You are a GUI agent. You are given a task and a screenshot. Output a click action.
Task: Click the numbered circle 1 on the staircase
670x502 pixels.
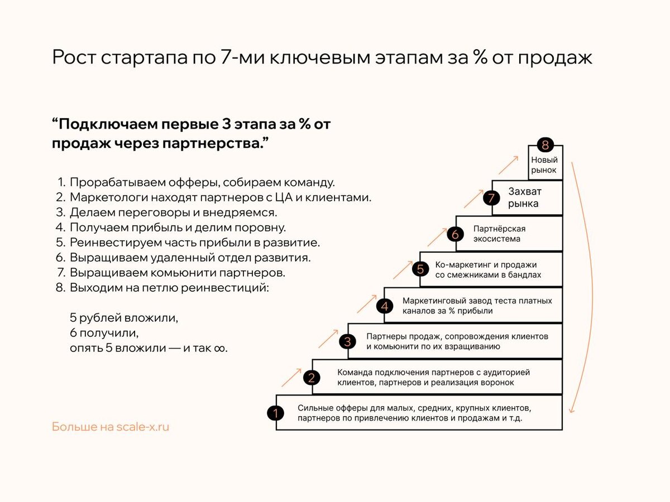coord(276,413)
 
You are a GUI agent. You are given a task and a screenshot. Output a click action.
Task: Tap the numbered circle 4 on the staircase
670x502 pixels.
coord(384,306)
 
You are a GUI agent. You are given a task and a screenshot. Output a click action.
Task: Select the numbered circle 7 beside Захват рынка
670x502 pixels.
coord(491,198)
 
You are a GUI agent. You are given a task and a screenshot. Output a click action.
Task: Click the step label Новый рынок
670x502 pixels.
coord(544,165)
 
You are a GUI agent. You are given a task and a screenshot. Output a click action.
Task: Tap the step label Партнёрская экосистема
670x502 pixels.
coord(499,234)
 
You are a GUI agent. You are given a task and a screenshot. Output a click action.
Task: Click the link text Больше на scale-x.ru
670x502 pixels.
coord(111,427)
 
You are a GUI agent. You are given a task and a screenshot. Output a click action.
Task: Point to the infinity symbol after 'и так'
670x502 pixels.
coord(221,347)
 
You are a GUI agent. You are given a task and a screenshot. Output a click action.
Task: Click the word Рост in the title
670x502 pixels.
coord(74,58)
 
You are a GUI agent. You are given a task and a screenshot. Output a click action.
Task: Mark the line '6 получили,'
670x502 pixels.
coord(103,333)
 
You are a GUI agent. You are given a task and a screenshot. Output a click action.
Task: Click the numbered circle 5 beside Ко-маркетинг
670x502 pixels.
coord(420,269)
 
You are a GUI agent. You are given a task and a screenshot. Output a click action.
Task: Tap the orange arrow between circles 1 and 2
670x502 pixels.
coord(291,378)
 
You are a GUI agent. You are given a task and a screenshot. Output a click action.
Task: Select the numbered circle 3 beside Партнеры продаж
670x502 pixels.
coord(348,341)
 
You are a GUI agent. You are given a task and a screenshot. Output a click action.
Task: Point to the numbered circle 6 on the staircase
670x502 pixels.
coord(455,234)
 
